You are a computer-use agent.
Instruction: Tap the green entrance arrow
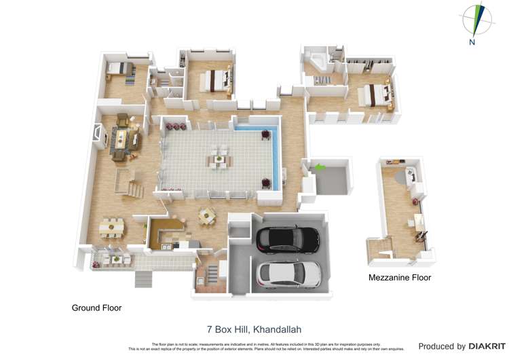[318, 166]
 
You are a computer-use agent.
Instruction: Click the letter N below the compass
[472, 42]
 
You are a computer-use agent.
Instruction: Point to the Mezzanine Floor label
[400, 277]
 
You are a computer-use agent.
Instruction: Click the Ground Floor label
[96, 308]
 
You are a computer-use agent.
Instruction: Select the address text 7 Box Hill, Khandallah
[254, 329]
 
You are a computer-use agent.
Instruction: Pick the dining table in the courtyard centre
[219, 160]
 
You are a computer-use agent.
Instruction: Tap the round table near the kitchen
[207, 216]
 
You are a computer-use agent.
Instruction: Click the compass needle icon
[478, 18]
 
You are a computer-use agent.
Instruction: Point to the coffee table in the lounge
[124, 139]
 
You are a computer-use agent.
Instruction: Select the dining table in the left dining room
[111, 227]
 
